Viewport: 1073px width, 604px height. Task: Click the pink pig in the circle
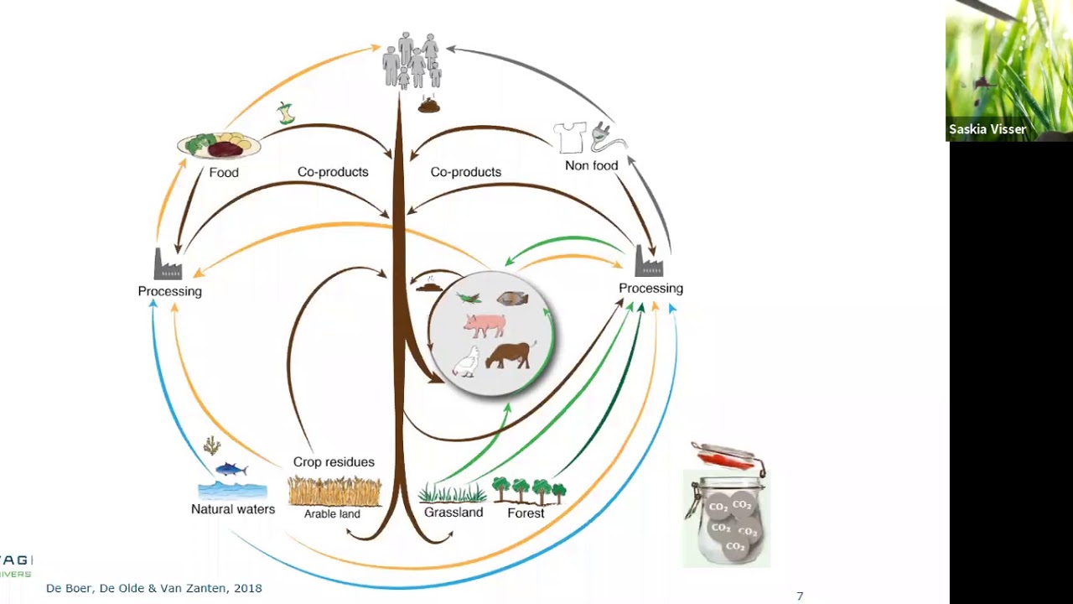point(485,324)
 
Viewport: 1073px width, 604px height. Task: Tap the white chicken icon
point(466,362)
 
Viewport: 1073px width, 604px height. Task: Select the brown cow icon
point(510,355)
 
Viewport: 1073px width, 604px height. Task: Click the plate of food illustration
point(219,146)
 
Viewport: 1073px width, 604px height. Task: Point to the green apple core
point(287,113)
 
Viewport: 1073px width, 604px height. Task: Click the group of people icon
point(412,60)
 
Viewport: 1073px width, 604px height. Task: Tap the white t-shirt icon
point(570,137)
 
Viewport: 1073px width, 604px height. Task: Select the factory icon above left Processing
point(168,264)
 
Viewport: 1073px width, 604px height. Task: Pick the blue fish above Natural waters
point(231,469)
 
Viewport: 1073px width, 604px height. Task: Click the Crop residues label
point(334,462)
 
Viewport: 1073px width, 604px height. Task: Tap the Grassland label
point(454,513)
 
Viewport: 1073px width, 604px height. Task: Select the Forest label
point(526,513)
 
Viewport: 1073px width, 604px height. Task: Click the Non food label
point(591,165)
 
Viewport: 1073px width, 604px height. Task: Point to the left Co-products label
point(333,172)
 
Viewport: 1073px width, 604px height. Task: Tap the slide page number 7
point(800,596)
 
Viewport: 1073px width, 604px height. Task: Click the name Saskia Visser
point(987,129)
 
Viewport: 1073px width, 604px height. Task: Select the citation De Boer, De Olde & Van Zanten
point(153,588)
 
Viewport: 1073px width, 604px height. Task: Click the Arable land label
point(332,513)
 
